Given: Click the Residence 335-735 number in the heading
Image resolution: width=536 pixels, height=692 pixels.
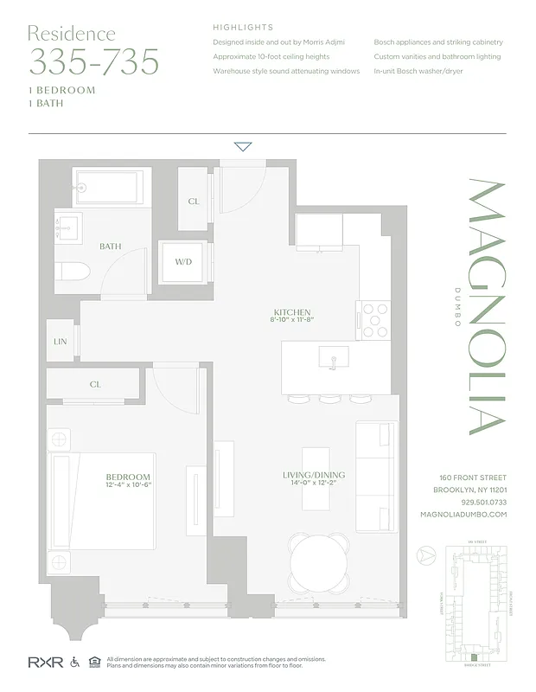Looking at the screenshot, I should click(94, 62).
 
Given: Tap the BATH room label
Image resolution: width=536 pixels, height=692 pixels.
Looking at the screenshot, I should click(110, 247).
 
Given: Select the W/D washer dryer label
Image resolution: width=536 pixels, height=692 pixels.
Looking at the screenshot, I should click(183, 262).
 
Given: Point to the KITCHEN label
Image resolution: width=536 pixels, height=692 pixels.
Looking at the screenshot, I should click(291, 312).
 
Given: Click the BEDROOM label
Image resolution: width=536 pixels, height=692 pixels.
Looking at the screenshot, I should click(128, 477).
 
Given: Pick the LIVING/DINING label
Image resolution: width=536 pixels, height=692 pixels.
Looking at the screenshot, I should click(314, 475).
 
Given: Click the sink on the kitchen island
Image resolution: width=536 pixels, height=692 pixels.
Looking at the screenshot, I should click(333, 356).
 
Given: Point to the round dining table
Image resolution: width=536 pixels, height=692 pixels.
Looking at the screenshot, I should click(319, 563).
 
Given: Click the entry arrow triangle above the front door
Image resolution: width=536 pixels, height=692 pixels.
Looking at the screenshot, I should click(243, 146).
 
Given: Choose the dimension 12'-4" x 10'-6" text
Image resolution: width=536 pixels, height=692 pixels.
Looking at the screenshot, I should click(128, 487).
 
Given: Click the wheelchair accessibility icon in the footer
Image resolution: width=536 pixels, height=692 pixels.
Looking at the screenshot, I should click(74, 662).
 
